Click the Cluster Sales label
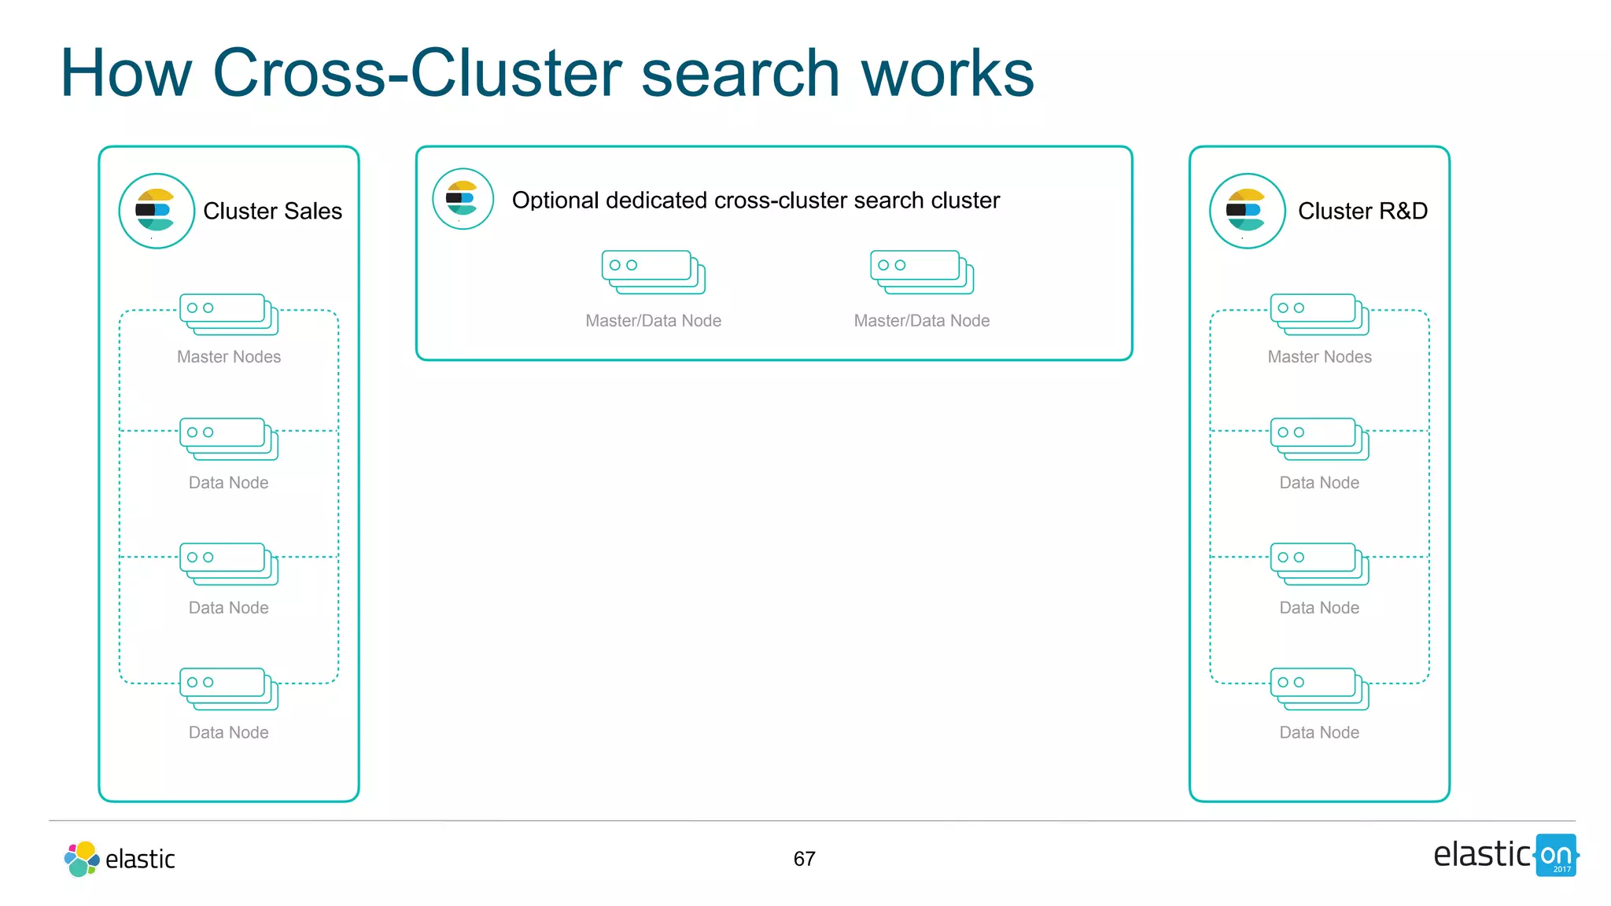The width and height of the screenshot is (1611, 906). [272, 211]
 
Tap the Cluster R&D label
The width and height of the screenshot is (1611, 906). [1362, 211]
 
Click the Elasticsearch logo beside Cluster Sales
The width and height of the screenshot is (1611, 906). [157, 211]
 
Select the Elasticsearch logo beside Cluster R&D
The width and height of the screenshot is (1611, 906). [1247, 211]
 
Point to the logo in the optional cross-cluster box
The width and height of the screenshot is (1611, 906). [463, 199]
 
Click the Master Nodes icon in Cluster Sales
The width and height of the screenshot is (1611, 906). [229, 315]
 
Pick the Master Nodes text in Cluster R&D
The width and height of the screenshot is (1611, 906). [1319, 357]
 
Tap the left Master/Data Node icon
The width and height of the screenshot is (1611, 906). [653, 272]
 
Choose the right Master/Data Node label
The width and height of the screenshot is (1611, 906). [921, 321]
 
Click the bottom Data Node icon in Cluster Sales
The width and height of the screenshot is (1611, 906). [229, 689]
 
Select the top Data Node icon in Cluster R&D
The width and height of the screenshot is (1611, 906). [1319, 439]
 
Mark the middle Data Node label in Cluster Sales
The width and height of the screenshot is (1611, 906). [229, 608]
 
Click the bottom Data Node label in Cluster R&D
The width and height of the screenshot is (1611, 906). [1319, 733]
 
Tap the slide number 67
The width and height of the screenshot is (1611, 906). [804, 859]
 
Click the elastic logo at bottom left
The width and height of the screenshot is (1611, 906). [120, 859]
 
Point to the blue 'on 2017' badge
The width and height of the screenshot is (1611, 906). [1556, 856]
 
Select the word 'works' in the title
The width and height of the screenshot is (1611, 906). [947, 73]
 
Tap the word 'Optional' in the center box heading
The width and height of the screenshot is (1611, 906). [555, 201]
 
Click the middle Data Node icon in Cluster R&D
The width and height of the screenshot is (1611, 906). [1319, 564]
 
